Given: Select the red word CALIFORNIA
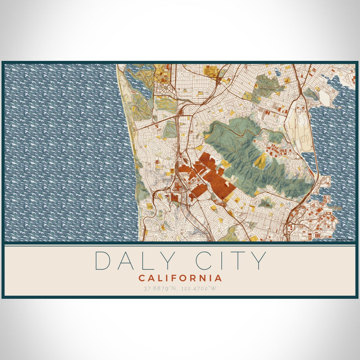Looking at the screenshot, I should click(180, 278).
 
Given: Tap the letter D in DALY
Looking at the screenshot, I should click(103, 261).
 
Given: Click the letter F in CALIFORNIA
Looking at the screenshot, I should click(179, 278).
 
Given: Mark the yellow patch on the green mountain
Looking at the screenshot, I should click(261, 160).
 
